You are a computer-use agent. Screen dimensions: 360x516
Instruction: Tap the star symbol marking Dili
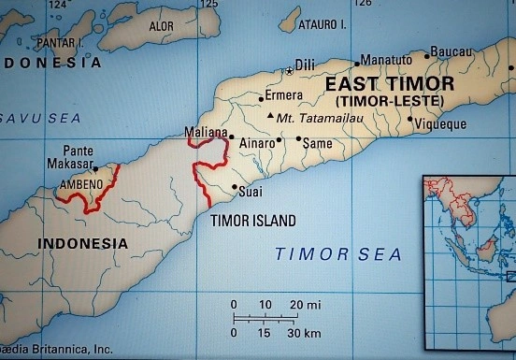click(x=289, y=70)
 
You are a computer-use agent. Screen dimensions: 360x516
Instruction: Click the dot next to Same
click(x=299, y=139)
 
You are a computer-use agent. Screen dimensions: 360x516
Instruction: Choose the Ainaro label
click(x=258, y=142)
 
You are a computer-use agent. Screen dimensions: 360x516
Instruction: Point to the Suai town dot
click(x=234, y=186)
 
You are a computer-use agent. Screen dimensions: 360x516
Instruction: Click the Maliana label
click(x=207, y=134)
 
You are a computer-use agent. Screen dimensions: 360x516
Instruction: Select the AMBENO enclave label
click(x=81, y=185)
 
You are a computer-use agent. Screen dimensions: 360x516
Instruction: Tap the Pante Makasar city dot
click(x=95, y=169)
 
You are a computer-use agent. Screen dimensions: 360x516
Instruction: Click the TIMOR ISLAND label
click(x=252, y=221)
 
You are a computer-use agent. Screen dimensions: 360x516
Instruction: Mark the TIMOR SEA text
click(x=337, y=253)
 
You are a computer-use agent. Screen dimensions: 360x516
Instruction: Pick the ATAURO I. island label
click(x=322, y=24)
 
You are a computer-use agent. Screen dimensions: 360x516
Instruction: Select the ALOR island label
click(x=161, y=27)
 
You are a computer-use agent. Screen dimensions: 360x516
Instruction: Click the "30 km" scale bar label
click(x=304, y=334)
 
